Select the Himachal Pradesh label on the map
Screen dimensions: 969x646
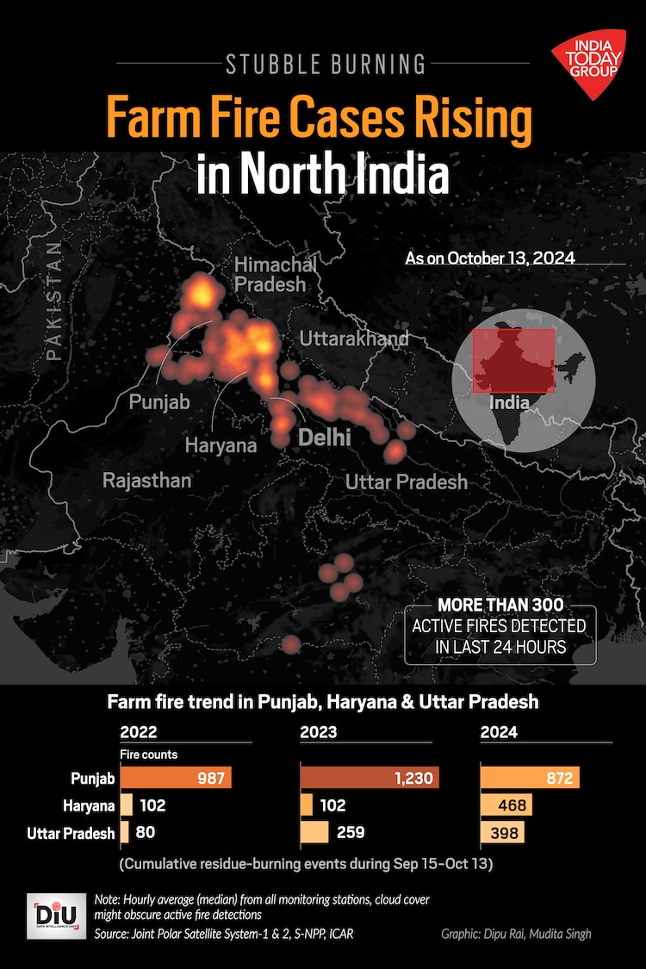click(270, 274)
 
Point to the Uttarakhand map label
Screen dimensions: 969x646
click(354, 339)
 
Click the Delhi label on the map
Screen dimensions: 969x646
click(324, 438)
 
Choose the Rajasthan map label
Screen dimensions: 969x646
click(146, 480)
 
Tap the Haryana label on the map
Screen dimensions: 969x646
click(221, 445)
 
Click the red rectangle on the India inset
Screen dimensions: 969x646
click(513, 360)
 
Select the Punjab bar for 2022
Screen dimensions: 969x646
click(177, 779)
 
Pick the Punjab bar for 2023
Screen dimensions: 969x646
click(370, 779)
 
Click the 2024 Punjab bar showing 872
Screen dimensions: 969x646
click(530, 779)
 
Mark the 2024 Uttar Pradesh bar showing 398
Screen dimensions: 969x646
click(502, 833)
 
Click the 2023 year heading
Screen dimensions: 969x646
click(318, 734)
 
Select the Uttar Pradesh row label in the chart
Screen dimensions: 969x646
click(71, 833)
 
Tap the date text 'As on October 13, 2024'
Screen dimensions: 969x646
click(489, 258)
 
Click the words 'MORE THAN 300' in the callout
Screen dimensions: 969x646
click(500, 606)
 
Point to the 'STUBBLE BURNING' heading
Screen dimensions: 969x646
click(325, 63)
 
